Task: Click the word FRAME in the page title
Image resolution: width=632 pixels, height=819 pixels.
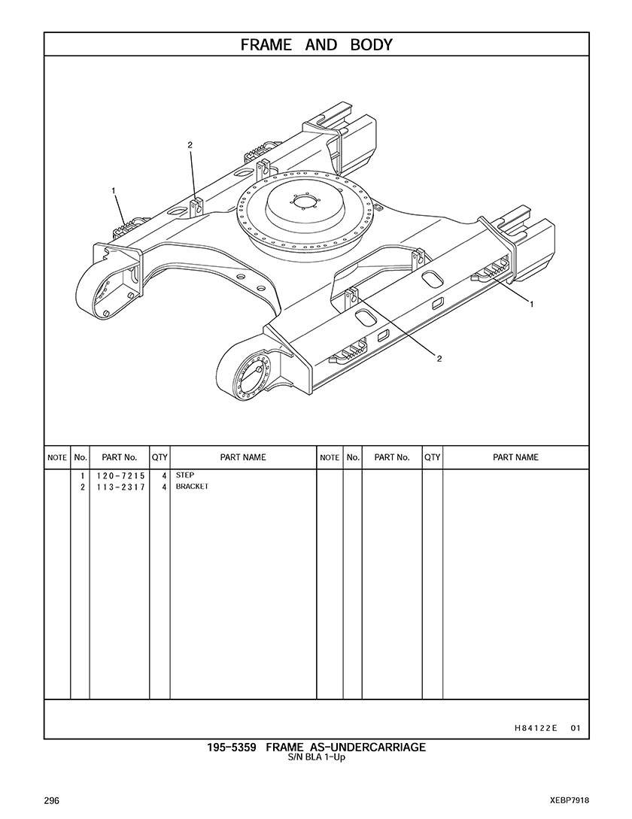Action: point(266,45)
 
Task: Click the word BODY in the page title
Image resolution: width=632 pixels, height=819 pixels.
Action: point(371,45)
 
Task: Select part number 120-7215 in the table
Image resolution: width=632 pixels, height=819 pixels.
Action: point(120,476)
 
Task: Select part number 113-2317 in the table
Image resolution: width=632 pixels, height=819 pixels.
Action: point(120,487)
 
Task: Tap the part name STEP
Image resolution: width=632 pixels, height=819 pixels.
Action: point(185,475)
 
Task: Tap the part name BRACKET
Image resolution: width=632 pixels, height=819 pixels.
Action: point(192,487)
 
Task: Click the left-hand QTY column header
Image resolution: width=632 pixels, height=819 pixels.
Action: point(160,457)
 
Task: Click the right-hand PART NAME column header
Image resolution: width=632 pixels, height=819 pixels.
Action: point(515,457)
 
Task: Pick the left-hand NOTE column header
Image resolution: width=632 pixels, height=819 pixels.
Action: point(57,457)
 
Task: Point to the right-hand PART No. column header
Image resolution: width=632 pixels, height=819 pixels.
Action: point(391,457)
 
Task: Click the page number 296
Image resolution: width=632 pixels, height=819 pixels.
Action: point(51,801)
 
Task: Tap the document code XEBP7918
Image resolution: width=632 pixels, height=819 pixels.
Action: point(570,801)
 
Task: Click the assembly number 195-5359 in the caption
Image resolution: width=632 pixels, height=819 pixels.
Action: point(232,748)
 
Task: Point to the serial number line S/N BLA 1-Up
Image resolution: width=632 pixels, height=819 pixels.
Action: point(317,757)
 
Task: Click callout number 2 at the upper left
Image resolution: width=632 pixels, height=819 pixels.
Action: point(190,145)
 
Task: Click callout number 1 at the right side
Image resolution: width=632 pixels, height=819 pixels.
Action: point(532,304)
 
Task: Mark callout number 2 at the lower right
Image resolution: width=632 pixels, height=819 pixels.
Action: point(439,359)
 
